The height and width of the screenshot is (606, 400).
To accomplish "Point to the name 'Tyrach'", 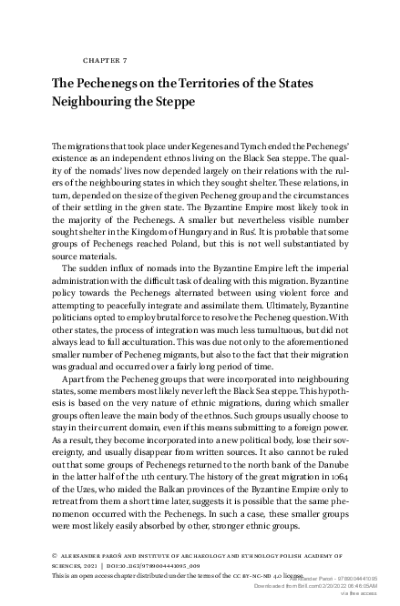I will point(260,146).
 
